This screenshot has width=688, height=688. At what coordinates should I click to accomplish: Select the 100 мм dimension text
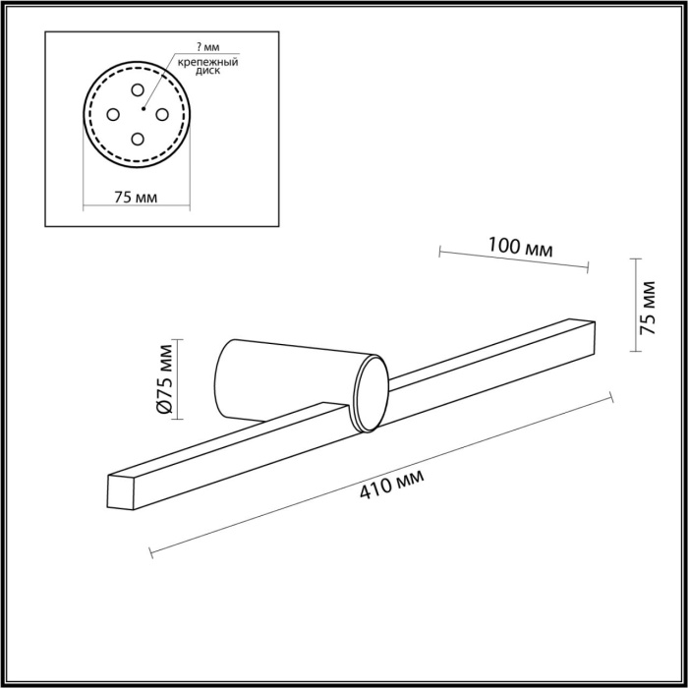pos(520,249)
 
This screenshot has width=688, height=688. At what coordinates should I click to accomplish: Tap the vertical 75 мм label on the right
pos(648,309)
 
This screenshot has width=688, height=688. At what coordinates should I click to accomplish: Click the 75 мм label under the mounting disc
pos(136,196)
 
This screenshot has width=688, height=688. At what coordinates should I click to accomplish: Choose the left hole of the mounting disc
pos(113,115)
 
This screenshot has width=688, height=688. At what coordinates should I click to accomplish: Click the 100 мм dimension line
pos(512,258)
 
